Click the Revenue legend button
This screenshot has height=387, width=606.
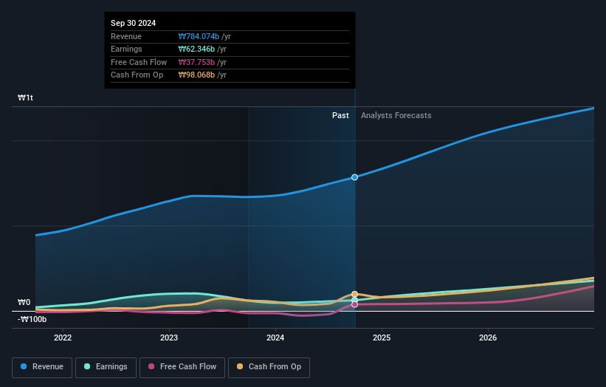point(42,367)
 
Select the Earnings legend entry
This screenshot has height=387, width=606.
point(106,367)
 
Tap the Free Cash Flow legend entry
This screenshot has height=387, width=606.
point(182,367)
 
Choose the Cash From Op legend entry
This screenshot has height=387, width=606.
point(269,367)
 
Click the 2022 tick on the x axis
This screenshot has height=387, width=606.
point(63,338)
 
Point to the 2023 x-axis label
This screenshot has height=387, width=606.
point(169,338)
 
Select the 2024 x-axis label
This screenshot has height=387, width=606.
point(275,338)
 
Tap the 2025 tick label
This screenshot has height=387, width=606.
point(382,338)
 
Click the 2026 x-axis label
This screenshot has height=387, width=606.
point(488,338)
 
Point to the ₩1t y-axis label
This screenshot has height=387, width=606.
point(26,97)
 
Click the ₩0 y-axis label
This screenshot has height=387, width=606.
point(24,302)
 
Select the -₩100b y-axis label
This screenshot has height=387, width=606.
point(32,319)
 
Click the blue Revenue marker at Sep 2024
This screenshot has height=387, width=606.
point(355,177)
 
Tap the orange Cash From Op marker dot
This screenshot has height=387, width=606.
point(355,294)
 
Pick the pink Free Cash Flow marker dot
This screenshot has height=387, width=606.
point(355,304)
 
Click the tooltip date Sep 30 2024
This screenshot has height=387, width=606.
point(134,24)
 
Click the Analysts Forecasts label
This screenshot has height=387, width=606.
point(396,115)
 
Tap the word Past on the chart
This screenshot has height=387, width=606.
point(340,115)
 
